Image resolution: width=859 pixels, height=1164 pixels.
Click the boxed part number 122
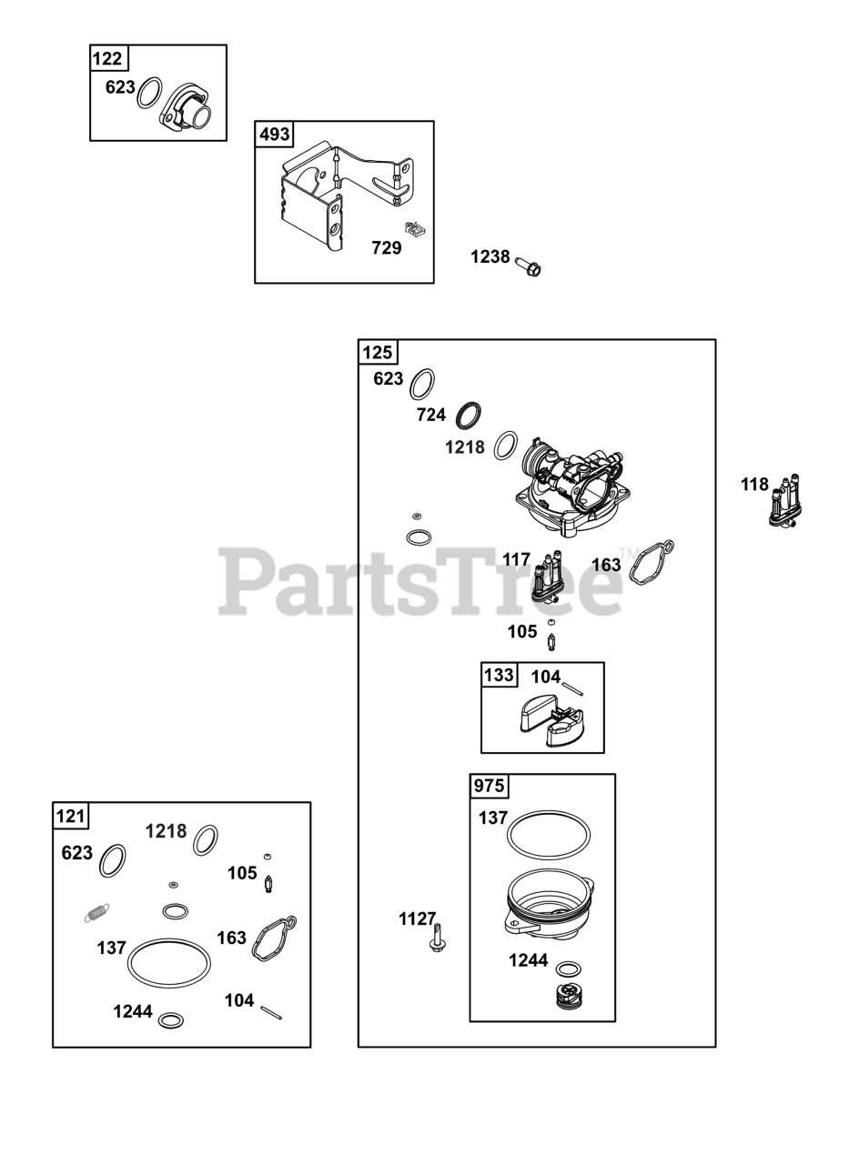click(108, 59)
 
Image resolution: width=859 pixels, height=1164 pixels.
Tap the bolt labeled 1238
click(528, 266)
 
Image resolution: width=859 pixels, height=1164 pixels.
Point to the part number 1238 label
click(490, 257)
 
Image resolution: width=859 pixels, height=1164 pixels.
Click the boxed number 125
click(378, 353)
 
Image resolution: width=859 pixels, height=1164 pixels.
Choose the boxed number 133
click(499, 676)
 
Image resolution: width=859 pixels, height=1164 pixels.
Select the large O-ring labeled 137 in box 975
click(548, 833)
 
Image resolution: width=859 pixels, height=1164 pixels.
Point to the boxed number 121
click(71, 816)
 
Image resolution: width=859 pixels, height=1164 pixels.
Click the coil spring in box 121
click(96, 913)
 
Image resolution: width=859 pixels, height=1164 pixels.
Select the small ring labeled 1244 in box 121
click(170, 1020)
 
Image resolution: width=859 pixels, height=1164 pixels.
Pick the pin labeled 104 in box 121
click(271, 1012)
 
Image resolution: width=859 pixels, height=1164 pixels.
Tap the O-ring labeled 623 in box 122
click(150, 93)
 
